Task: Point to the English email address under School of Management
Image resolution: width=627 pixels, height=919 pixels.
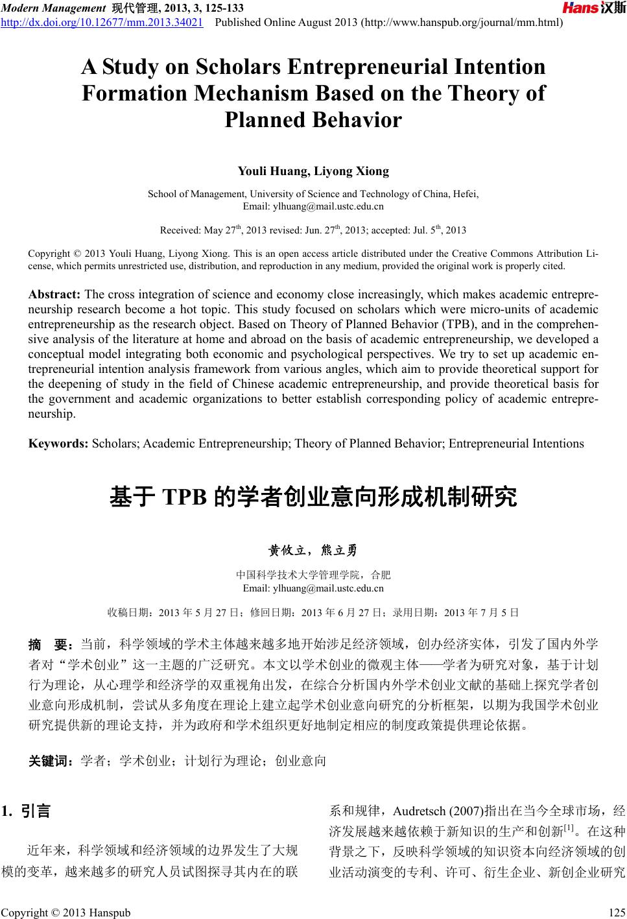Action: point(313,206)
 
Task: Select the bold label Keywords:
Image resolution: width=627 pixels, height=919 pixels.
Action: point(59,444)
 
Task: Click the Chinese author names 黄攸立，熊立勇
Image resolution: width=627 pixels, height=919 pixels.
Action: point(313,551)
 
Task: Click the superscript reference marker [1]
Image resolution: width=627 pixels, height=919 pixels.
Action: point(569,828)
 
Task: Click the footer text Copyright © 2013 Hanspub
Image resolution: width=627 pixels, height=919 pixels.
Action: point(66,912)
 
